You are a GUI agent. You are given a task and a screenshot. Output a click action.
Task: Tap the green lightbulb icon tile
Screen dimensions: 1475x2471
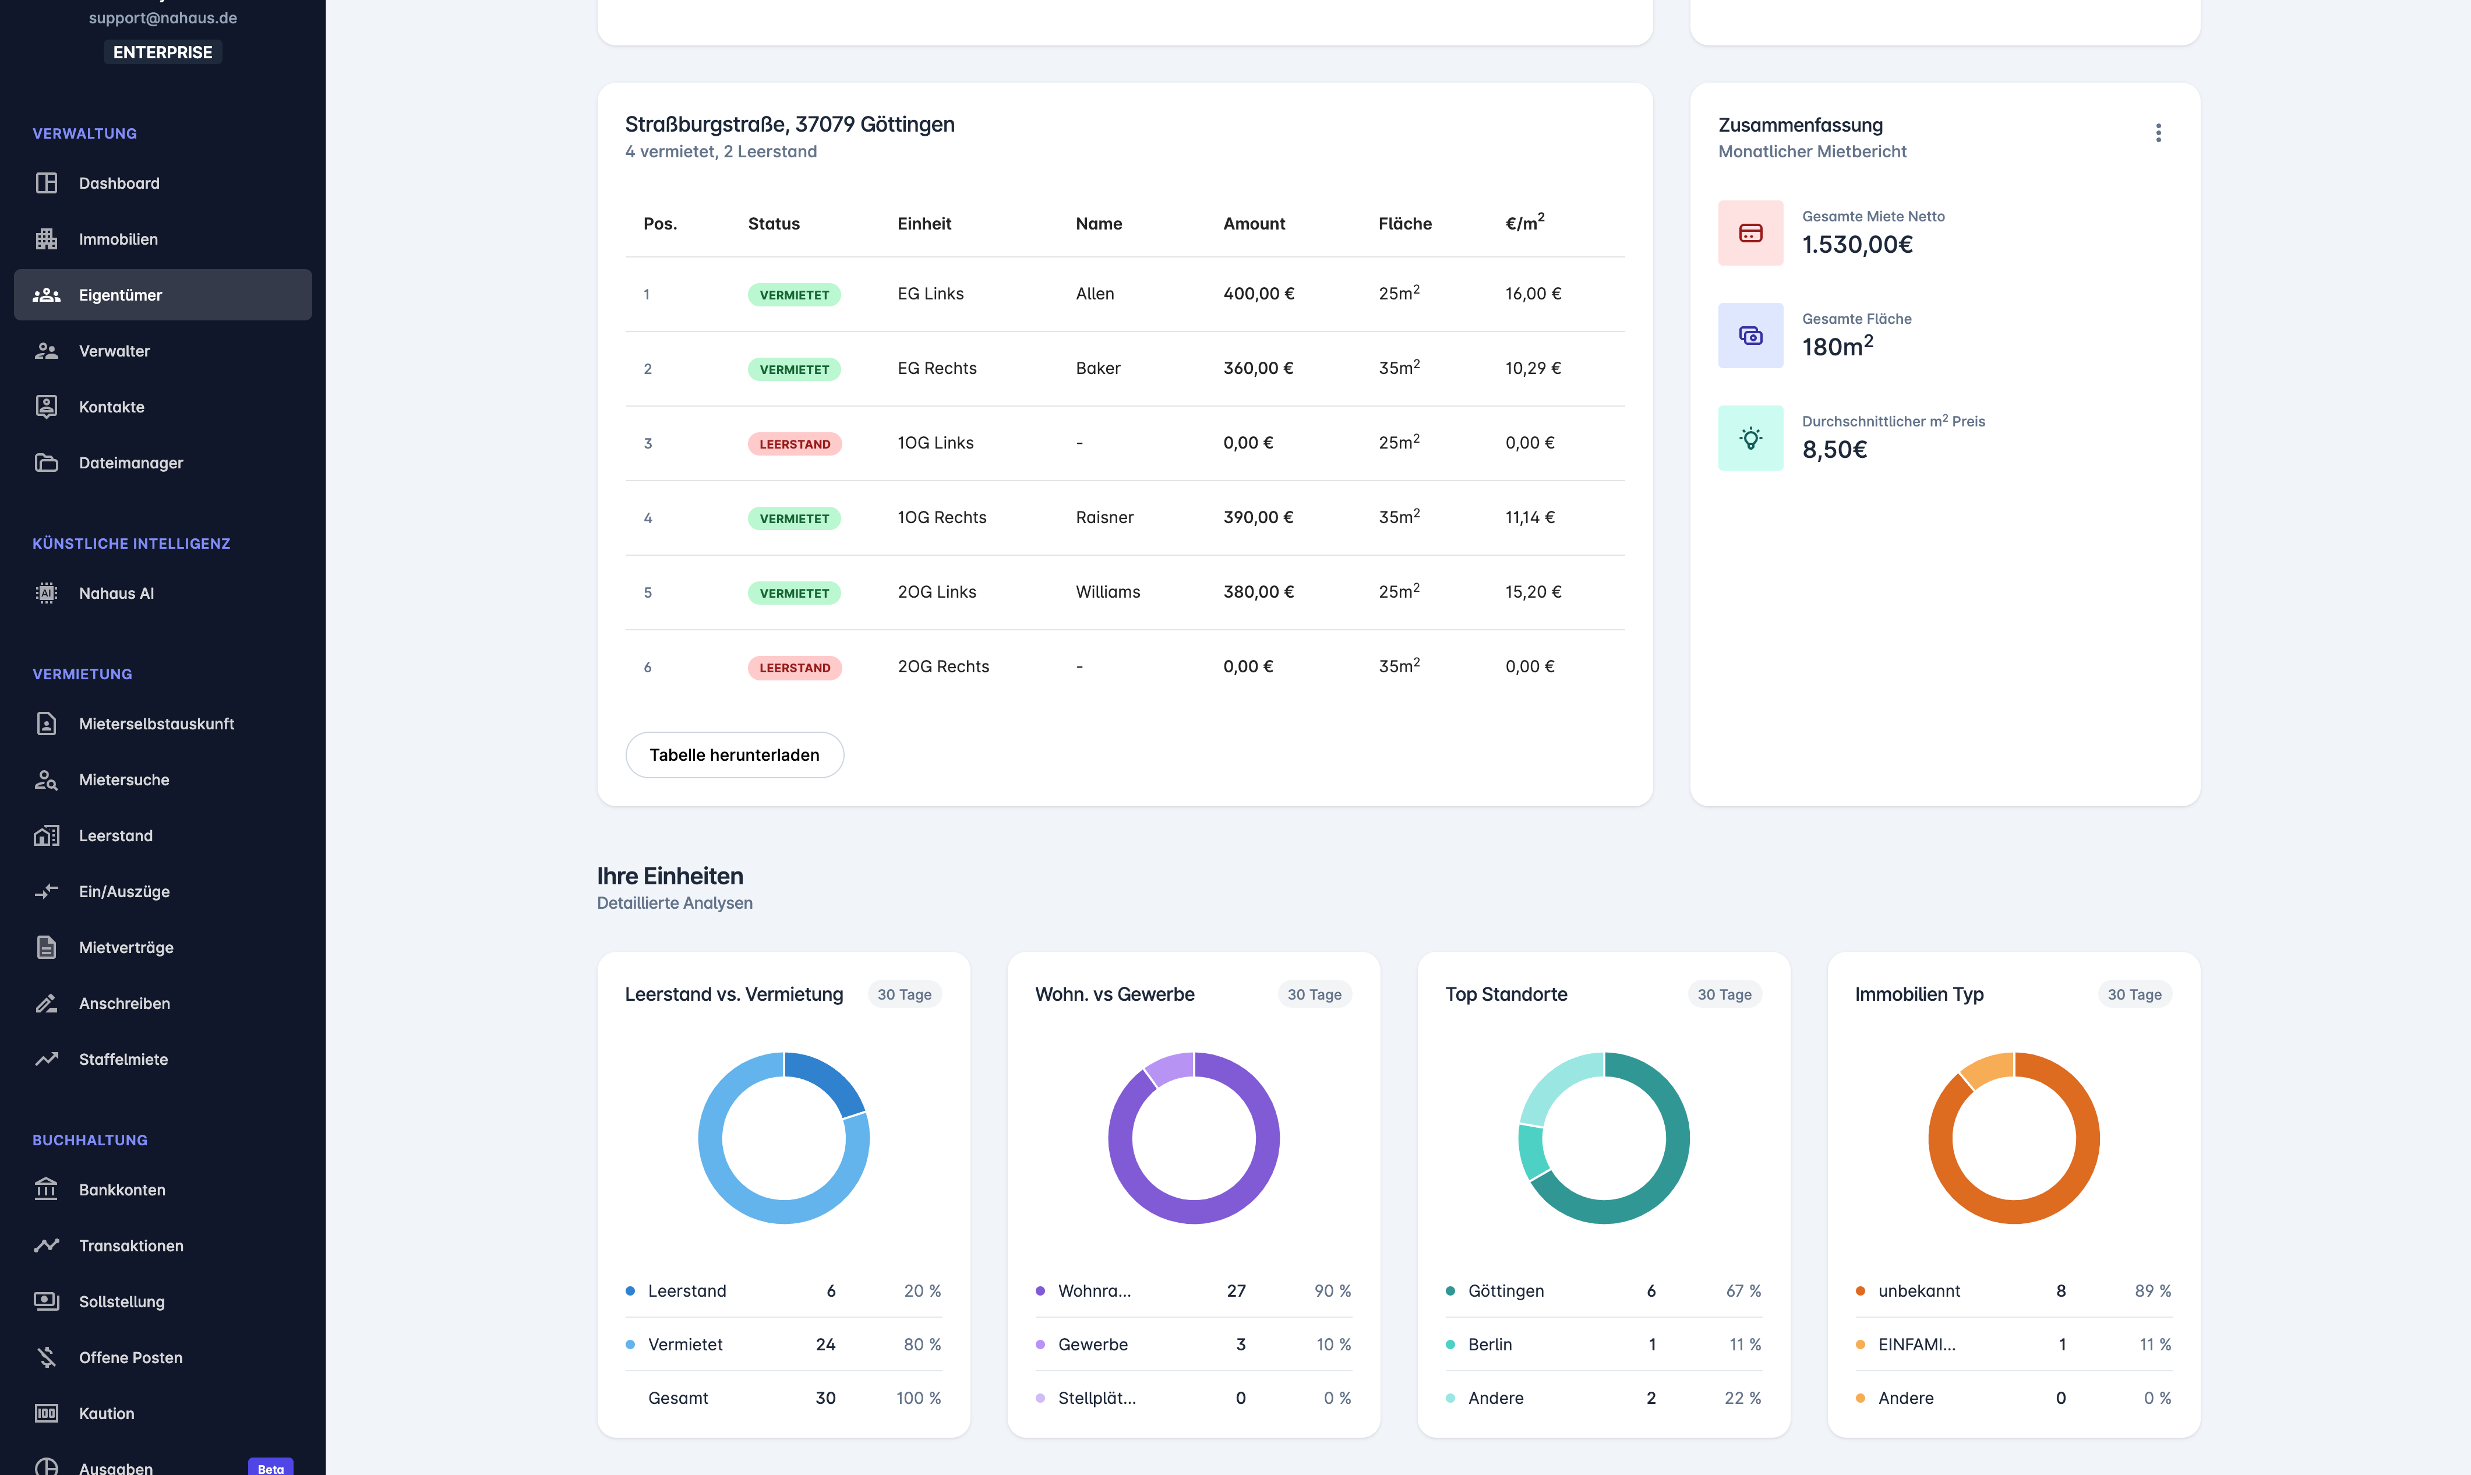click(x=1750, y=438)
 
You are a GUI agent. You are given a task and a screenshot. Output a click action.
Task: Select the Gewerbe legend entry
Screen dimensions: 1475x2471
click(x=1092, y=1345)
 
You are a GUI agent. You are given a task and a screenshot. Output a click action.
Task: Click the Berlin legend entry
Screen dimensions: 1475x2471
click(x=1489, y=1345)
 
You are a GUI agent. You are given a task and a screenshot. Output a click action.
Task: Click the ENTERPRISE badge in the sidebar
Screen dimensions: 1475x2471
click(x=162, y=52)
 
